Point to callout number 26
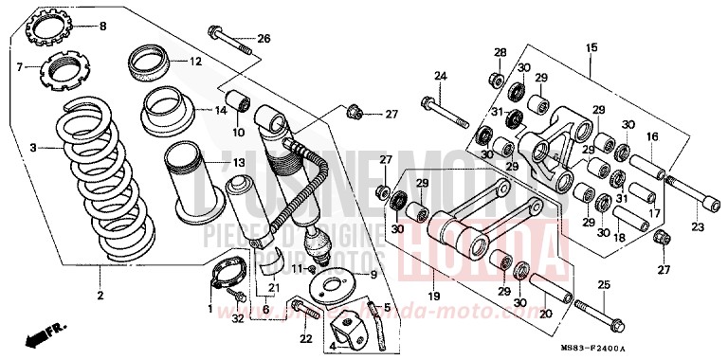[264, 39]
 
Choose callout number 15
[591, 47]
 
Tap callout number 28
[500, 52]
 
